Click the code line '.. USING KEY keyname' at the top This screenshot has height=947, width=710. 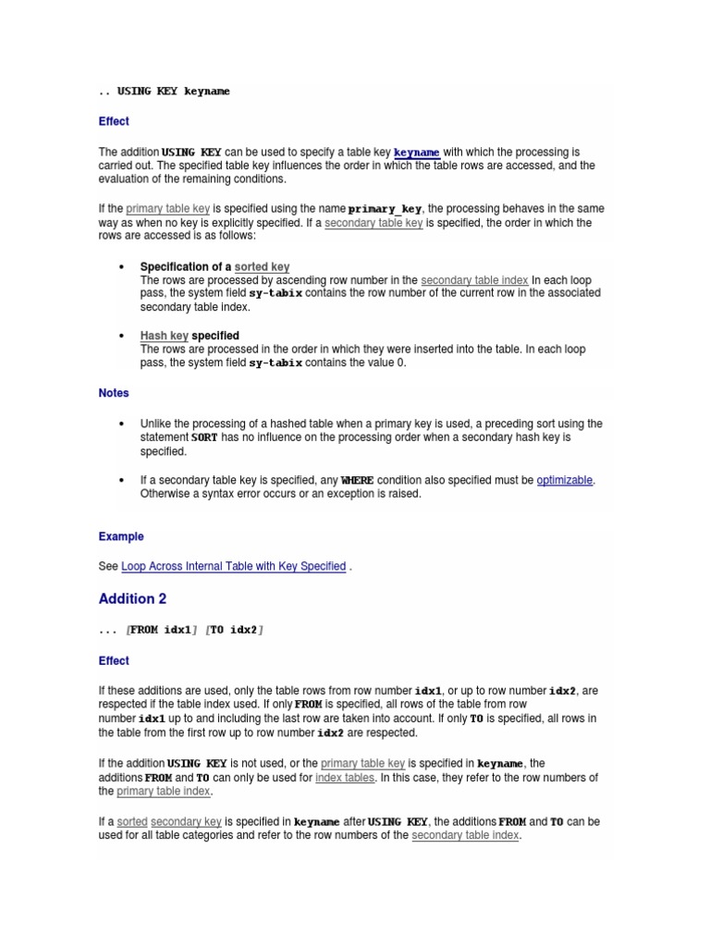click(165, 92)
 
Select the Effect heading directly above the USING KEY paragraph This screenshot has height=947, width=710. click(114, 121)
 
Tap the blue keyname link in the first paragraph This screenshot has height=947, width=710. click(417, 152)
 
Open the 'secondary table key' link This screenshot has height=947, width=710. click(373, 223)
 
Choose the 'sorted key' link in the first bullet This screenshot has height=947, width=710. click(262, 267)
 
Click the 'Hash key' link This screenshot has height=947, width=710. click(165, 336)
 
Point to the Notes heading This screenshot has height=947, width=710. click(114, 393)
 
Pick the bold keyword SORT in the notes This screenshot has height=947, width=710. click(203, 437)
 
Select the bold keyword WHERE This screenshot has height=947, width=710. click(357, 481)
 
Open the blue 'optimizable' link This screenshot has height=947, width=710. click(564, 481)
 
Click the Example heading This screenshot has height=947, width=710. click(121, 536)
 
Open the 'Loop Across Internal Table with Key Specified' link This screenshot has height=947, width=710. click(234, 566)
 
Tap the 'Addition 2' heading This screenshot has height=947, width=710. click(132, 599)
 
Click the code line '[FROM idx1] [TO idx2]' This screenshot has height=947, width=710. click(181, 630)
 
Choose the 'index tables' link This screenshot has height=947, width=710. click(345, 778)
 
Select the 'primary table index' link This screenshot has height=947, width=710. click(164, 792)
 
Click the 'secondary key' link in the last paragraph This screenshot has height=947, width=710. click(186, 821)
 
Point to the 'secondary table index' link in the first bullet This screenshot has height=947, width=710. click(474, 280)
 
